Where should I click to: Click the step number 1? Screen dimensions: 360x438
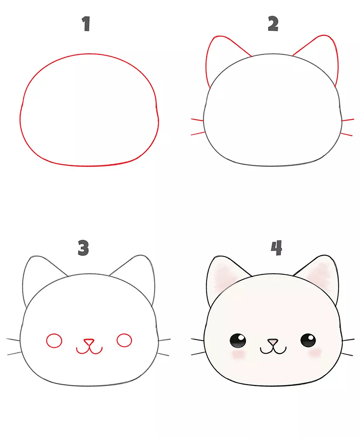(x=86, y=24)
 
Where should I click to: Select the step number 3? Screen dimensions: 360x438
(x=83, y=248)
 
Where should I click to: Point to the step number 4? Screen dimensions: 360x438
(x=277, y=248)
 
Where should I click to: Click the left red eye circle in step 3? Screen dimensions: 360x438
(x=54, y=341)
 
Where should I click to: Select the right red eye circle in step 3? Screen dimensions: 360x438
(x=124, y=340)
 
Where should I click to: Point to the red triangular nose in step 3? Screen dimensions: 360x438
(x=89, y=342)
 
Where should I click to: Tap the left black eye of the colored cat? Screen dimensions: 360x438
(x=238, y=341)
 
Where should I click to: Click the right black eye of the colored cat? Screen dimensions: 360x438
(x=308, y=340)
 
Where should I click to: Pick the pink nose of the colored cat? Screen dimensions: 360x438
(x=273, y=342)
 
